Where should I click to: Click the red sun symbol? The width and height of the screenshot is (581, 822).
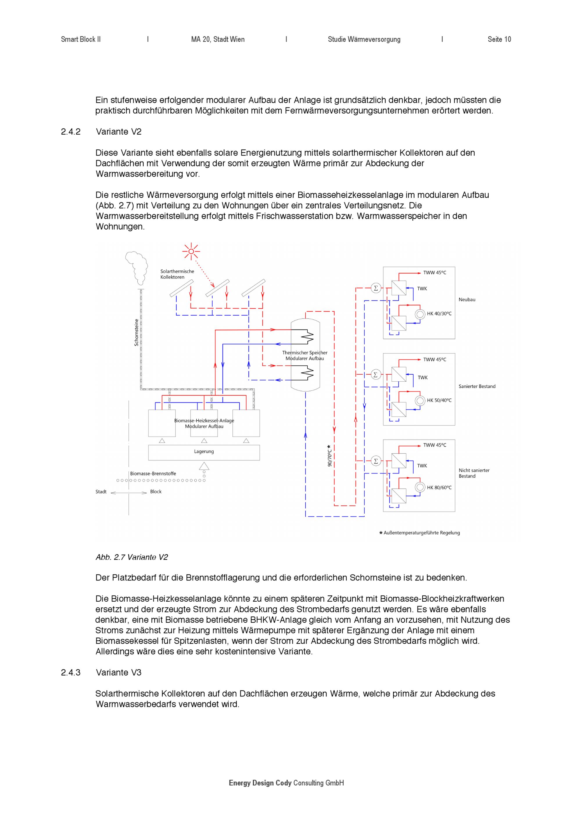[x=191, y=251]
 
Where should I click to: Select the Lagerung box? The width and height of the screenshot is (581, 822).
[x=204, y=452]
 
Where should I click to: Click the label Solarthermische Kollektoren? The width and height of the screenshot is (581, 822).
[x=177, y=274]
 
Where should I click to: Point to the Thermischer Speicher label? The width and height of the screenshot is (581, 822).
[x=304, y=355]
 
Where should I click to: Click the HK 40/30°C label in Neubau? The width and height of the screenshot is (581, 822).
[x=439, y=314]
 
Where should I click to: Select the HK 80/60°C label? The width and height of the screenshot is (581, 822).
[x=439, y=488]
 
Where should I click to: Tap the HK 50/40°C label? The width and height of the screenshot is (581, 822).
[x=439, y=400]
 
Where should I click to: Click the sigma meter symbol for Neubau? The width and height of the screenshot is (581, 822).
[x=376, y=288]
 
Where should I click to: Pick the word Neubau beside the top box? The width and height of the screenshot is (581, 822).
[x=467, y=300]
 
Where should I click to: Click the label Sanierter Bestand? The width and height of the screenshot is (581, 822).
[x=477, y=386]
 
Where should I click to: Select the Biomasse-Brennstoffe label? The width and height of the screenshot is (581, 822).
[x=153, y=474]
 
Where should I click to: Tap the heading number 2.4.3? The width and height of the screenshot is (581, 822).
[x=71, y=672]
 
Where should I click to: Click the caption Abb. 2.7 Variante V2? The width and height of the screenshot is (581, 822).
[x=132, y=557]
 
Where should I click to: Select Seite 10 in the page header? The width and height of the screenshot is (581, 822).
[x=499, y=39]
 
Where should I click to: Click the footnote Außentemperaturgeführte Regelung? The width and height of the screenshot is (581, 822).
[x=422, y=533]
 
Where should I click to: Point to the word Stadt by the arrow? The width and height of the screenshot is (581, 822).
[x=101, y=492]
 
